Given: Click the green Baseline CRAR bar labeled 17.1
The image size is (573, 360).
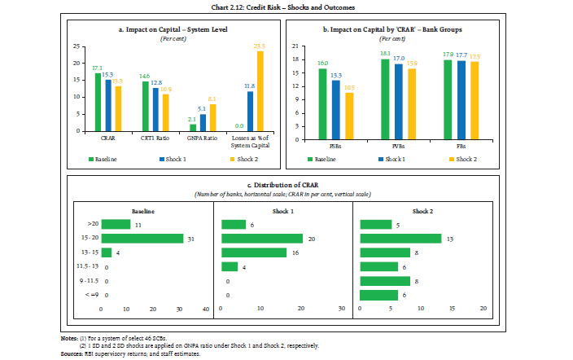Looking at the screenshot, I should click(98, 102).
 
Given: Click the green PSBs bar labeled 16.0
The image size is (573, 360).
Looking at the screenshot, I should click(322, 99).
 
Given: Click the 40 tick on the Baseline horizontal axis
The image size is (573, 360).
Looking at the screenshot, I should click(206, 309).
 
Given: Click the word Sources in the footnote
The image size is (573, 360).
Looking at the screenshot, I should click(74, 354).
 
